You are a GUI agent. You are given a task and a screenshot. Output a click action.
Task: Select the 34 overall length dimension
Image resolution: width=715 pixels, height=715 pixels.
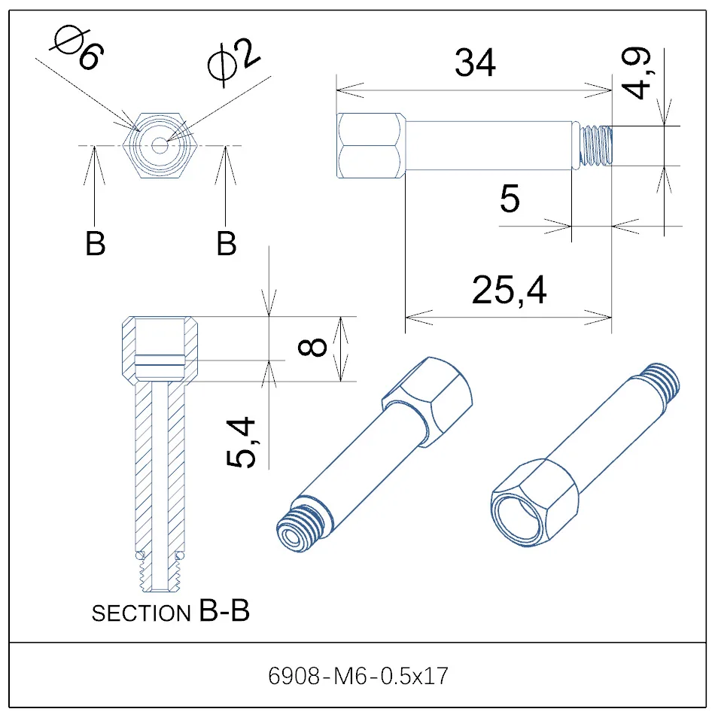pos(475,63)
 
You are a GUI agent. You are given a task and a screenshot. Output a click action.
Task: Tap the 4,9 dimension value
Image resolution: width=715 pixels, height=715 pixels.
pos(639,74)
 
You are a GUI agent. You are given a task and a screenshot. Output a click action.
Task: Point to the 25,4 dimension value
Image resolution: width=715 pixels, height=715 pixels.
pos(509,290)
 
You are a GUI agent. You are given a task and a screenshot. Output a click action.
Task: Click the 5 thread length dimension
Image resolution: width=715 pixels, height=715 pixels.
pos(510,199)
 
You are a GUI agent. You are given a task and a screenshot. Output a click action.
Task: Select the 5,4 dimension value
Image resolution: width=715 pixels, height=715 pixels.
pos(242,443)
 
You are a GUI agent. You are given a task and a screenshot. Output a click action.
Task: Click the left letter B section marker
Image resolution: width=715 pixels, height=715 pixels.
pos(95,245)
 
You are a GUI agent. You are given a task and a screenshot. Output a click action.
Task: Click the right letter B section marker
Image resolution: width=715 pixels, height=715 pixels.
pos(226,245)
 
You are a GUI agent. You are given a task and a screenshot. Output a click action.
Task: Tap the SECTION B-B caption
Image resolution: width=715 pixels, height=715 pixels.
pos(170,613)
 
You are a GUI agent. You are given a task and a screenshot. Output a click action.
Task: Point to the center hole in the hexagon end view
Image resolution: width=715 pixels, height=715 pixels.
pos(160,145)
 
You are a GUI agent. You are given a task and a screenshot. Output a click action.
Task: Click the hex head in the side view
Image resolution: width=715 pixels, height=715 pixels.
pos(369,145)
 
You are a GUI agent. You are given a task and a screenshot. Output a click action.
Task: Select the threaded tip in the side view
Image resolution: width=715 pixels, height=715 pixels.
pos(598,145)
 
